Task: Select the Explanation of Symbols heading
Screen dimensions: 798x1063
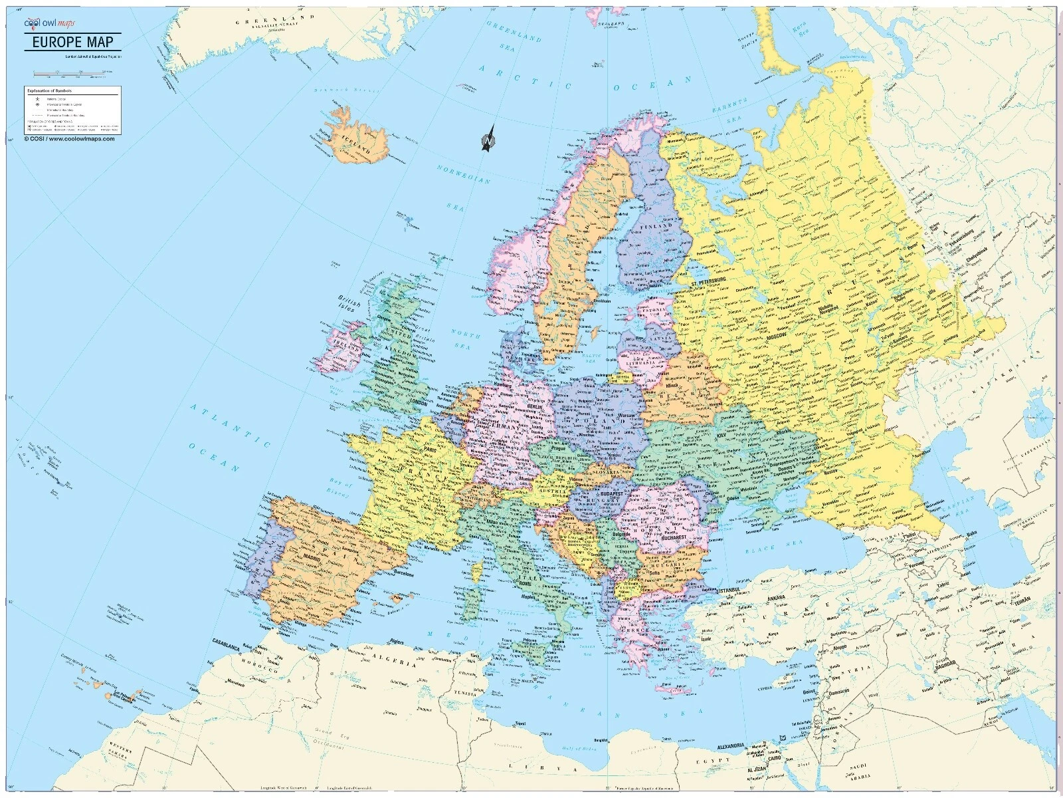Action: point(49,90)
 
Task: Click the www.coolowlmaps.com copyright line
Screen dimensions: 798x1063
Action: point(70,139)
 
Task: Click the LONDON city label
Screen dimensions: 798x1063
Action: point(419,402)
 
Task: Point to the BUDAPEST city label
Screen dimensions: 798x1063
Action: point(611,495)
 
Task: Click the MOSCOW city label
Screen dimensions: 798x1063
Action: point(775,338)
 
